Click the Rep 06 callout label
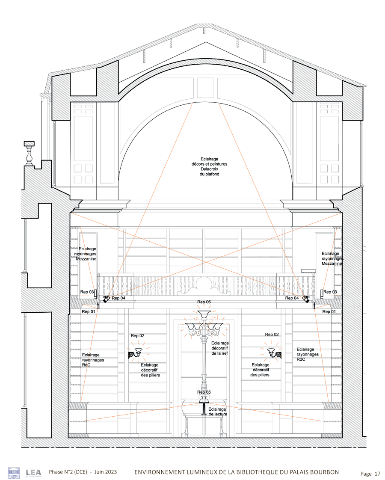coord(204,302)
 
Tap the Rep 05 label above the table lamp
coord(204,392)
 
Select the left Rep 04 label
coord(118,298)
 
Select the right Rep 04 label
coord(292,298)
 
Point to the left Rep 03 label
coord(87,292)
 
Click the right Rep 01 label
coord(329,311)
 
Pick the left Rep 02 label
coord(137,335)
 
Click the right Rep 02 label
coord(272,334)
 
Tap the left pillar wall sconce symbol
coord(136,353)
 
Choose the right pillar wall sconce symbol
coord(274,353)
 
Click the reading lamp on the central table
coord(204,405)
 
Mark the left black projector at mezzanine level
coord(106,299)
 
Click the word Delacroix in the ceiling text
coord(209,169)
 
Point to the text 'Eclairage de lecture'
coord(218,412)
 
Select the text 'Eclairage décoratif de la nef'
coord(220,348)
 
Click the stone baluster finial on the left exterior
coord(29,153)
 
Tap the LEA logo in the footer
coord(33,473)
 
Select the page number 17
coord(377,474)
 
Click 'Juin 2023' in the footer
coord(106,472)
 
